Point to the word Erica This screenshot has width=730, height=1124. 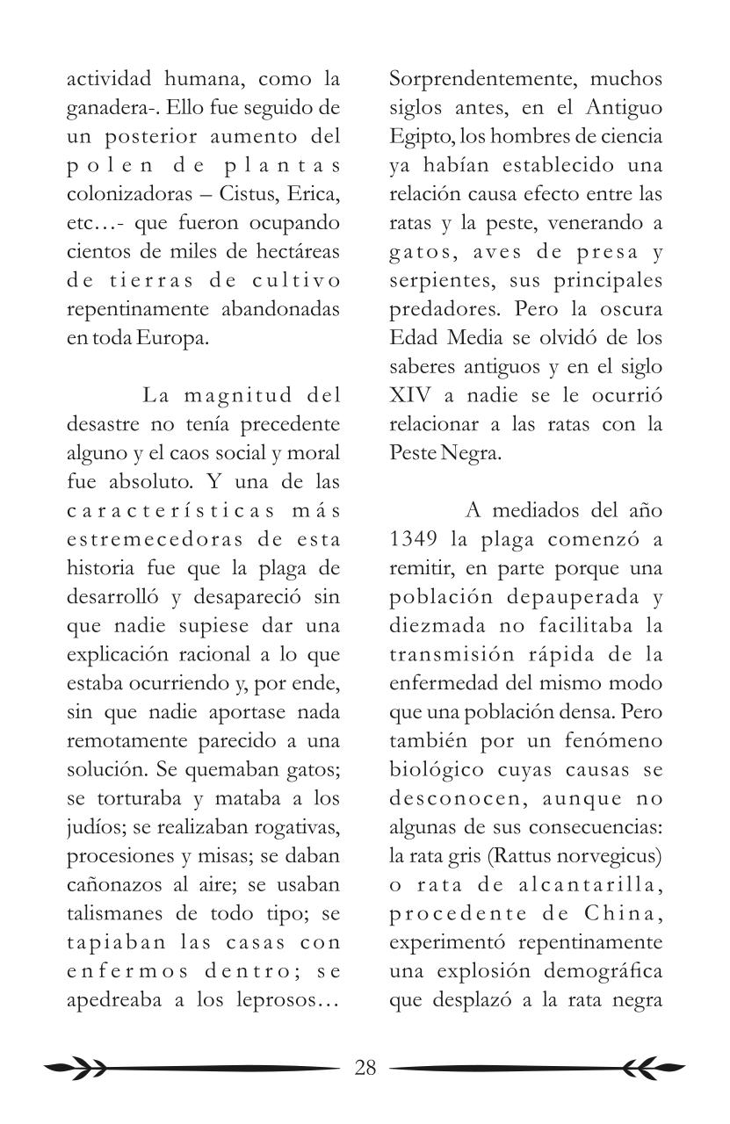click(x=313, y=194)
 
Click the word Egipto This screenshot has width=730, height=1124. click(x=416, y=137)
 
